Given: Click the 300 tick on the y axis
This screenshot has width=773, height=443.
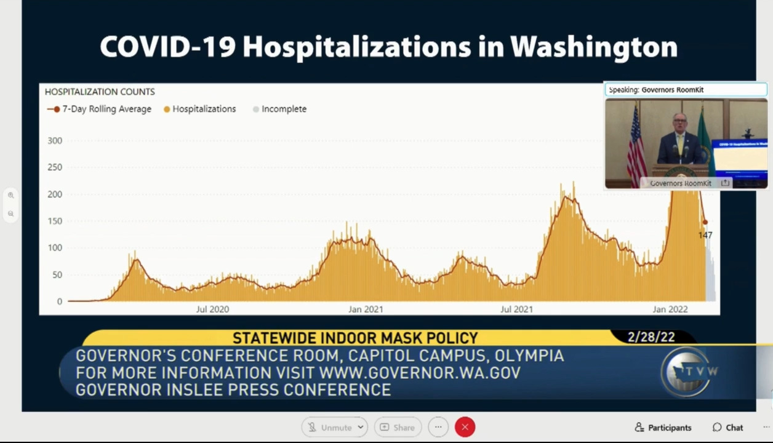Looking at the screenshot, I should (x=55, y=141).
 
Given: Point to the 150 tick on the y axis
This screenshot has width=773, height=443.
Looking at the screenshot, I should (x=55, y=221).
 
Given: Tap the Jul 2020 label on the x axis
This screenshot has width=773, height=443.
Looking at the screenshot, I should (x=212, y=309).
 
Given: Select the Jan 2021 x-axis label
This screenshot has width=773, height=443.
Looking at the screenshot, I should (x=366, y=309).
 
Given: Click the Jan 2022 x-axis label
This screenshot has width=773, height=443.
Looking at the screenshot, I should (x=670, y=309).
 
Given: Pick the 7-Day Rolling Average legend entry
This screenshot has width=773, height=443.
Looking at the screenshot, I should (x=100, y=109).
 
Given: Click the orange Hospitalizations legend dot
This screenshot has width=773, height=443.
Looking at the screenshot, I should (x=167, y=110).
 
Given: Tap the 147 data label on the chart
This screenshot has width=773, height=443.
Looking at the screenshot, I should (x=705, y=235).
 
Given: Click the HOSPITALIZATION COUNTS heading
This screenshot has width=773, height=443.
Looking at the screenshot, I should (x=100, y=92).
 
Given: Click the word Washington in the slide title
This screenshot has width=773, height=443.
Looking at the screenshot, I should (x=594, y=47).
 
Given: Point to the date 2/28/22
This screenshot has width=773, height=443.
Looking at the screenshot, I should (x=651, y=337).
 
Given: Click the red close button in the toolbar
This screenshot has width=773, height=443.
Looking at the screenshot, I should (x=465, y=427).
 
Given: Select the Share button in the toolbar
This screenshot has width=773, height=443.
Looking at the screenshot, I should (x=397, y=428).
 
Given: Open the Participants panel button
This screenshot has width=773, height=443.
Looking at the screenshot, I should (x=663, y=428).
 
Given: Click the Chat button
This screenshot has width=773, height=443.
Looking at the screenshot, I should (x=727, y=428).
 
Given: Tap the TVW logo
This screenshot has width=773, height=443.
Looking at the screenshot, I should (x=689, y=371).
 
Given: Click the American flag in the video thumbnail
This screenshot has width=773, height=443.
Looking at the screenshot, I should (x=636, y=148).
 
